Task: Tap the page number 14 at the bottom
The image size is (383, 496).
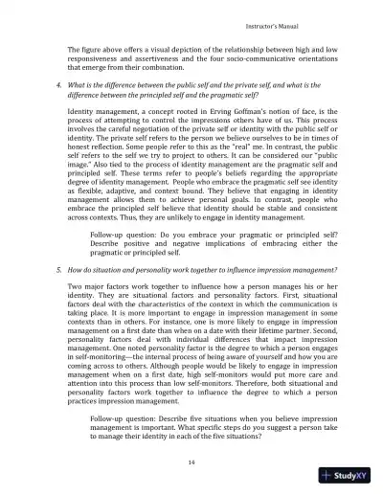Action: [192, 462]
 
